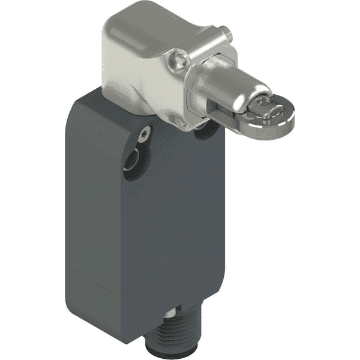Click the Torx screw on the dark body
point(144,135)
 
